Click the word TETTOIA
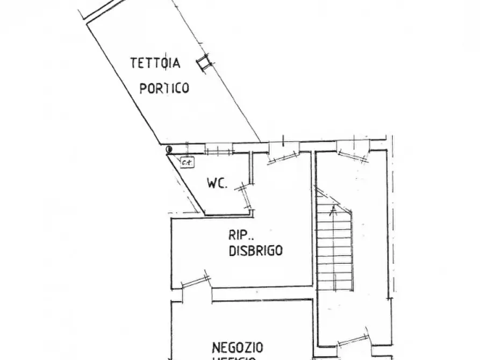pyautogui.click(x=155, y=63)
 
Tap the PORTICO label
pyautogui.click(x=164, y=88)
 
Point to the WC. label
pyautogui.click(x=217, y=183)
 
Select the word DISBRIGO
pyautogui.click(x=256, y=250)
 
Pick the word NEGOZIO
pyautogui.click(x=237, y=347)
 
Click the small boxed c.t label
pyautogui.click(x=187, y=161)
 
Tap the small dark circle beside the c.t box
pyautogui.click(x=169, y=149)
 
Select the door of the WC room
pyautogui.click(x=246, y=196)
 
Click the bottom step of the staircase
pyautogui.click(x=334, y=286)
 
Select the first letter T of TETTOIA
pyautogui.click(x=133, y=63)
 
